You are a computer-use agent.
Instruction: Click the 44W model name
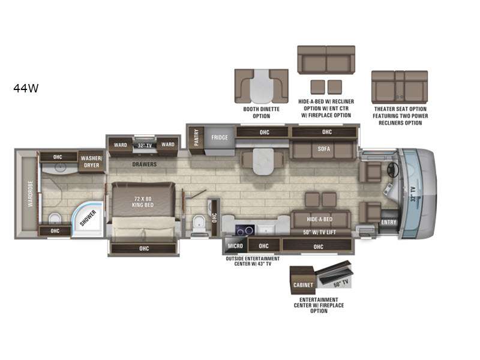pos(26,88)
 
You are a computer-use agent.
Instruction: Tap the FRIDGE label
pos(220,137)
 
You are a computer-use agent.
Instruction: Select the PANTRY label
pos(196,137)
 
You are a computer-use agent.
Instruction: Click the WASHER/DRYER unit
pos(92,161)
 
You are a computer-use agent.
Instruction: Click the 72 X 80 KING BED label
pos(143,202)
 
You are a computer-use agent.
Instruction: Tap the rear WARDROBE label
pos(30,193)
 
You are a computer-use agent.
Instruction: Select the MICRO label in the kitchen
pos(235,246)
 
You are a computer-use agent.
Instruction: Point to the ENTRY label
pos(389,222)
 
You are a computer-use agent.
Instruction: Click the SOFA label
pos(323,149)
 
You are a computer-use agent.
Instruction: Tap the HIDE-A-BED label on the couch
pos(319,219)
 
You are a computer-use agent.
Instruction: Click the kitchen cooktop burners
pos(245,230)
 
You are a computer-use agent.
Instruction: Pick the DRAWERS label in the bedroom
pos(145,164)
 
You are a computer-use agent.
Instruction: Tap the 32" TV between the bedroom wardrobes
pos(145,145)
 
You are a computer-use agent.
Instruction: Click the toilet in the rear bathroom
pos(55,218)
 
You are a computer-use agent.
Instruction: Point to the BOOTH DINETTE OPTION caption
pos(262,113)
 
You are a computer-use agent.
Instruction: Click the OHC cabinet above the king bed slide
pos(144,248)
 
